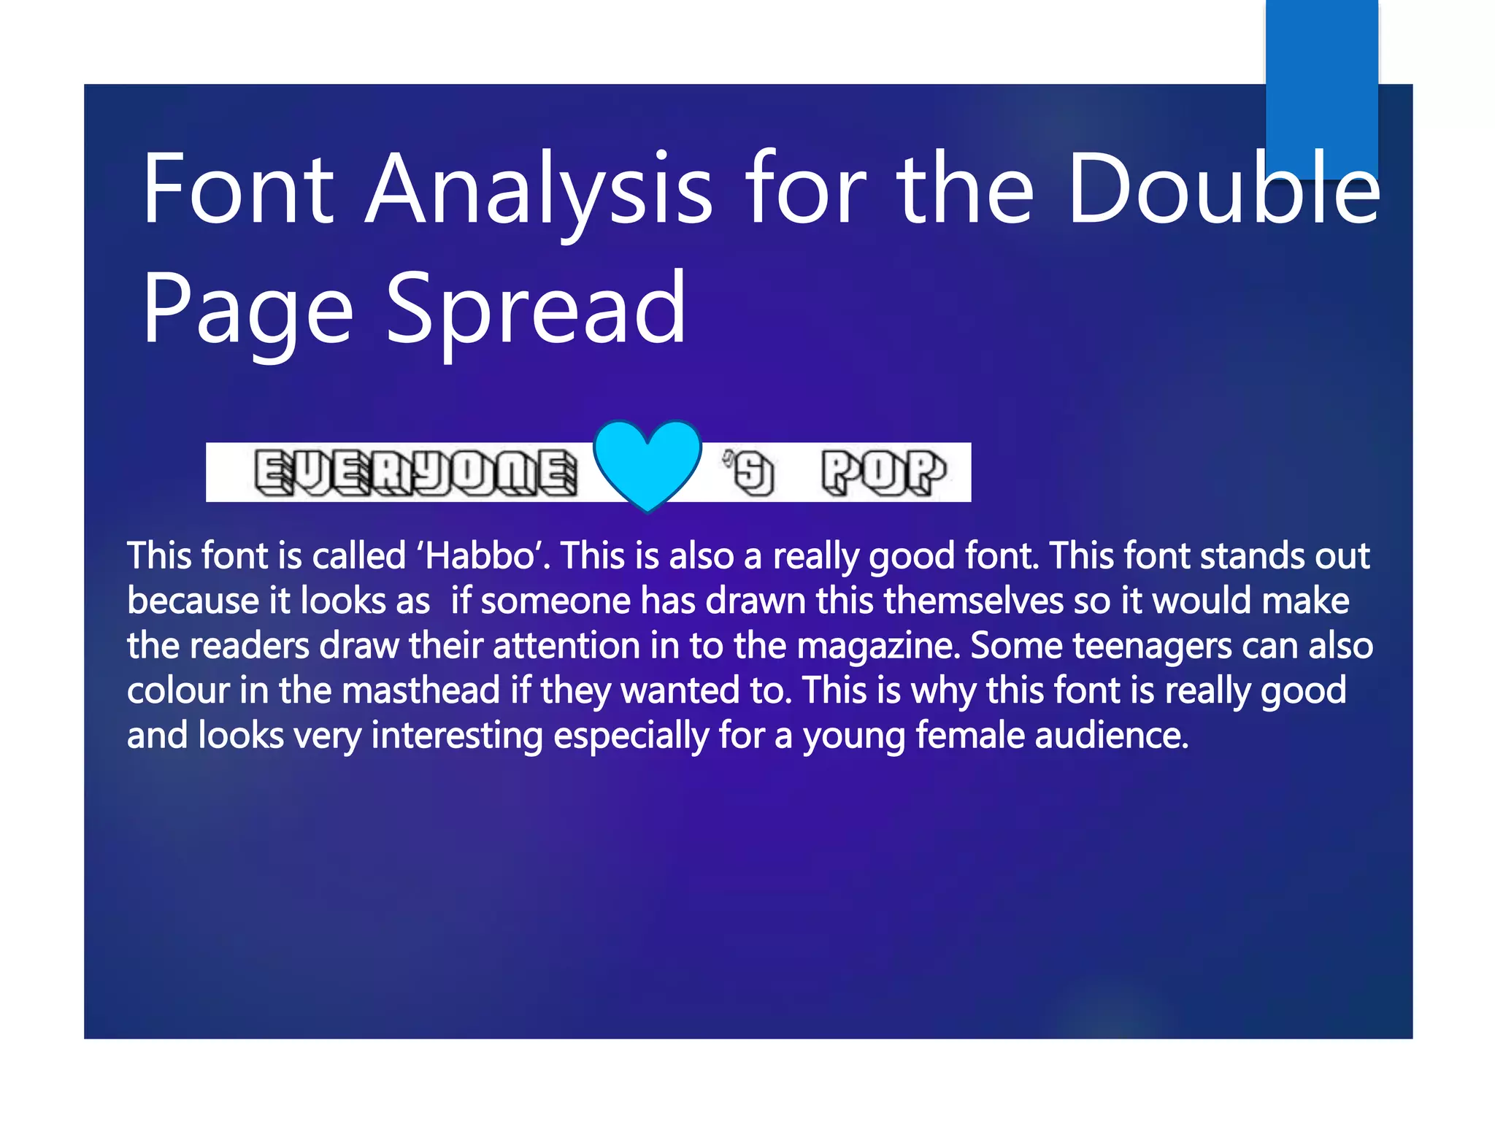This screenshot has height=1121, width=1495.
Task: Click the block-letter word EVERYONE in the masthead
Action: [x=415, y=473]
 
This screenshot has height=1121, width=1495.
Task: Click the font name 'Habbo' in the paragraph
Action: [x=483, y=556]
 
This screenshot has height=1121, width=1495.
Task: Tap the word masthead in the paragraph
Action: [x=420, y=690]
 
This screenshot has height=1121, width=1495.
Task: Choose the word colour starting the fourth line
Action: [x=178, y=690]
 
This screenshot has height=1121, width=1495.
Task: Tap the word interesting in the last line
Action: [x=457, y=735]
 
